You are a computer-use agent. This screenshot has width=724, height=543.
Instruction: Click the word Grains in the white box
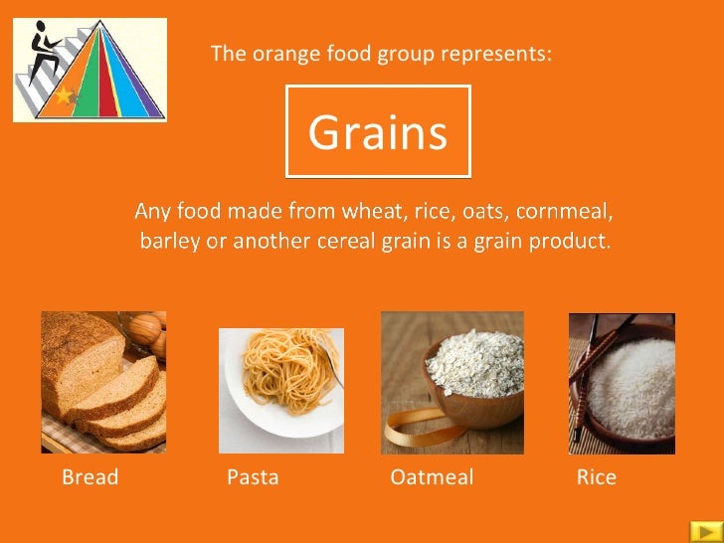tap(377, 132)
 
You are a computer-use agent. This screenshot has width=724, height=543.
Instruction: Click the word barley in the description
tap(169, 241)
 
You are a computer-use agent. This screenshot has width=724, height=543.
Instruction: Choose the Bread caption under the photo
tap(90, 477)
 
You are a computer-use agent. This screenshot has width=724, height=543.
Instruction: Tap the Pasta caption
tap(253, 477)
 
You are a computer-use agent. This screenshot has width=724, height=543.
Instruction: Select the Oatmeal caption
tap(432, 477)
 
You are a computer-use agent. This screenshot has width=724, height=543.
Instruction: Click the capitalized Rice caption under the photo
tap(596, 477)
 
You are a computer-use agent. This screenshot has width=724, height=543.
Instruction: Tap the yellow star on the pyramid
tap(66, 96)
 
